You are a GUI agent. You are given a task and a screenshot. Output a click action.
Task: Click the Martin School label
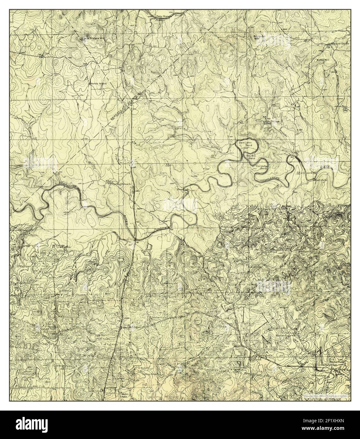click(98, 84)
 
